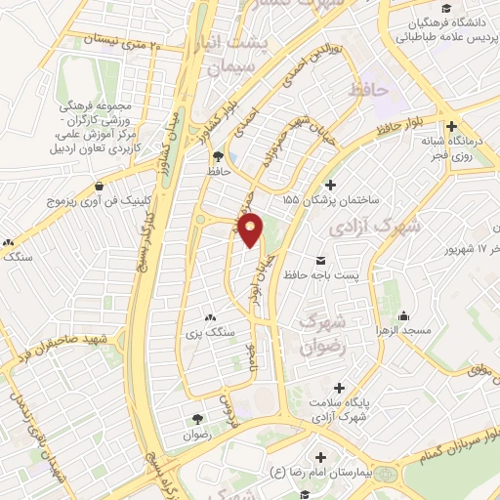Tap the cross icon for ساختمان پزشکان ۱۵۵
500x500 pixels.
(x=330, y=185)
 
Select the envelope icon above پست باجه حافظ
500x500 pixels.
(x=321, y=260)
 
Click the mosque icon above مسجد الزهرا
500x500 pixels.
(x=402, y=316)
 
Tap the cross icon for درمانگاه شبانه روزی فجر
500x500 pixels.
(x=450, y=126)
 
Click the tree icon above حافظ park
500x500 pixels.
(x=217, y=155)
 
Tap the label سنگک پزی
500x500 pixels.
(x=213, y=333)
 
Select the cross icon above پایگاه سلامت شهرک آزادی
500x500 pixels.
(x=339, y=387)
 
